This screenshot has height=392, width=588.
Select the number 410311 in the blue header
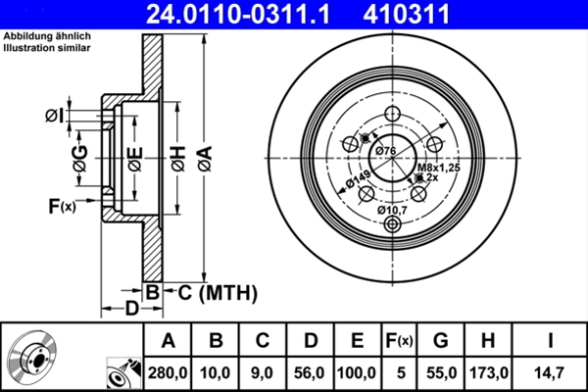pyautogui.click(x=434, y=14)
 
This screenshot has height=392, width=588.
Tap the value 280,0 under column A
pyautogui.click(x=169, y=373)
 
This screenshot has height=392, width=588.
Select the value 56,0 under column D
pyautogui.click(x=310, y=373)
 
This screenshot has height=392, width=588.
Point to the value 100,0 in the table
pyautogui.click(x=357, y=373)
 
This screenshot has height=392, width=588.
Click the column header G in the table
pyautogui.click(x=441, y=341)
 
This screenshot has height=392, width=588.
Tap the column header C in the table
pyautogui.click(x=262, y=341)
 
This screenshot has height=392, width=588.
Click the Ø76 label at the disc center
pyautogui.click(x=386, y=150)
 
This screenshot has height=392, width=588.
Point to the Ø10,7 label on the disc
pyautogui.click(x=394, y=208)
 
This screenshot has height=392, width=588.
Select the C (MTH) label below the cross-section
pyautogui.click(x=217, y=291)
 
